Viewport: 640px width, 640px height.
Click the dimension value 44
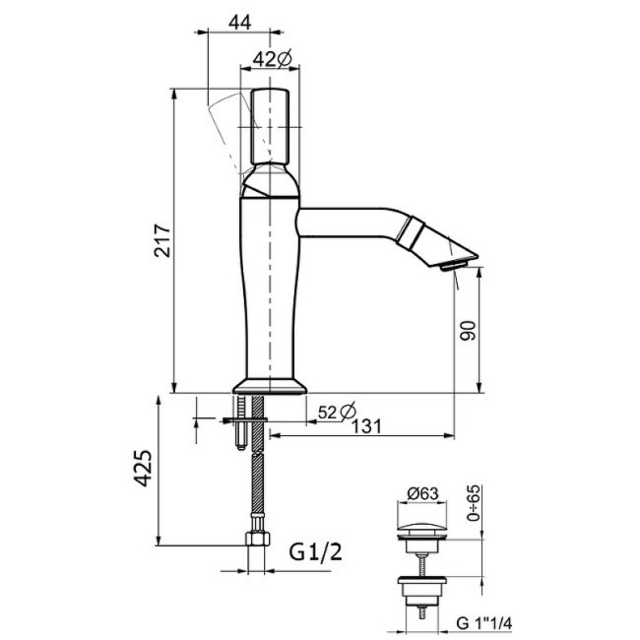point(239,22)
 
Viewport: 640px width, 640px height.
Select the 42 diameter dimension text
point(272,59)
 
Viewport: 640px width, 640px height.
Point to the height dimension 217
point(162,240)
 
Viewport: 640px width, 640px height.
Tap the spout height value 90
point(468,331)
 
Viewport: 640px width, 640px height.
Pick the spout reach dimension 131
point(366,426)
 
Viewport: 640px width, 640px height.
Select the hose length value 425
point(144,468)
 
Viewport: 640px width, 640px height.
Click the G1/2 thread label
point(315,552)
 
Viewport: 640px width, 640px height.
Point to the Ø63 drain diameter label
point(422,494)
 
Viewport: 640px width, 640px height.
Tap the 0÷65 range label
point(474,503)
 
